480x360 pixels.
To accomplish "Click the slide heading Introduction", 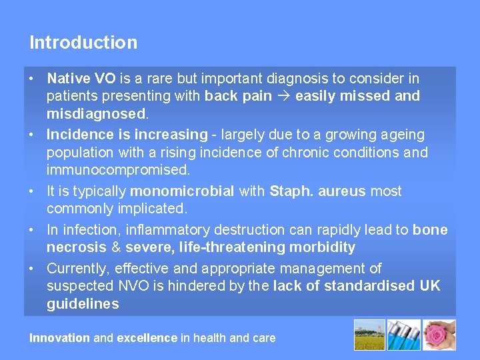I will tap(83, 43).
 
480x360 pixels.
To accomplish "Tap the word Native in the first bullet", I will tap(64, 79).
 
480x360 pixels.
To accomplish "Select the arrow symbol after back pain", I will tap(283, 96).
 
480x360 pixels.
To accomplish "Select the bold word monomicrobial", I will tap(181, 191).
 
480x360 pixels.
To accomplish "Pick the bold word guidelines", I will tap(83, 304).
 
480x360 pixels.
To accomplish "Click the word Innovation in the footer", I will tap(59, 338).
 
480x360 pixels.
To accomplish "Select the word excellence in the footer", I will tap(147, 338).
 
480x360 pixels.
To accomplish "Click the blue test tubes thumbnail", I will tap(405, 335).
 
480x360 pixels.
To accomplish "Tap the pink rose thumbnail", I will tap(439, 335).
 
